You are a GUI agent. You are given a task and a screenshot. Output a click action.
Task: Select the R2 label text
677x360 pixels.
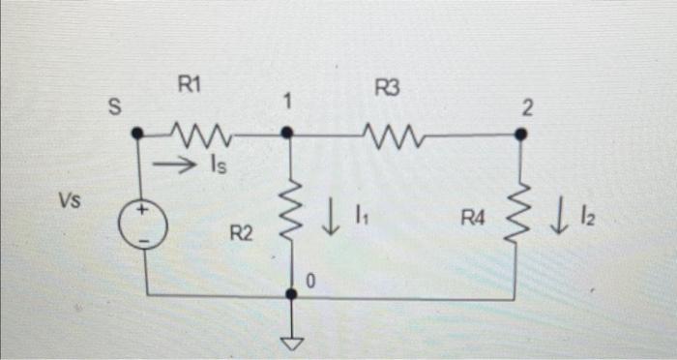242,232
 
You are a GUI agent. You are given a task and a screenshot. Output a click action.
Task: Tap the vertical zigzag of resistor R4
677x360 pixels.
520,214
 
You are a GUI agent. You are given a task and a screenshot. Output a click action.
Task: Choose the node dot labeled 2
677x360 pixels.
520,135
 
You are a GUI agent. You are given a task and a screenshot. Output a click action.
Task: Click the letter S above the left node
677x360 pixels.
114,110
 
